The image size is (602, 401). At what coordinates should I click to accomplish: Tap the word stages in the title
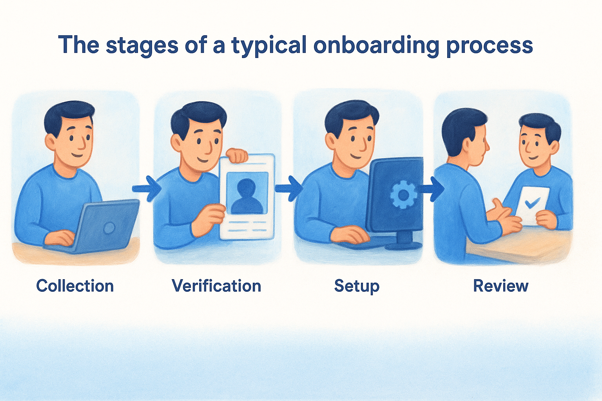click(142, 46)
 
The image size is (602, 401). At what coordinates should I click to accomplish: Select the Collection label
click(75, 286)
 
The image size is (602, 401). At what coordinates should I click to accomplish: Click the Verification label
click(216, 286)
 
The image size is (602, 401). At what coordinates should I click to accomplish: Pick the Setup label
click(357, 286)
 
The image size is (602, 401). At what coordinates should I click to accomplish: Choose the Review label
click(500, 286)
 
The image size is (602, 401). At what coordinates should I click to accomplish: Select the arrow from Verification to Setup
click(289, 188)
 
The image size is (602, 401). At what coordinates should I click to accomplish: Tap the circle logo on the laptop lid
click(109, 228)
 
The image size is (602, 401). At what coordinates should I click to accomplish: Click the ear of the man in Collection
click(51, 142)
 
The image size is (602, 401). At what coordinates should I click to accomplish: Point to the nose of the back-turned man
click(487, 146)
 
